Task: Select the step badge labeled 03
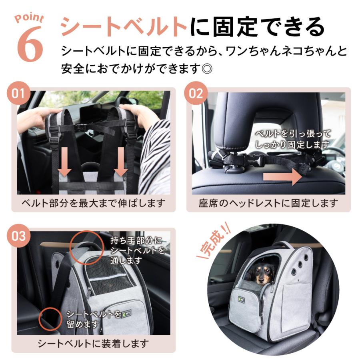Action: (18, 236)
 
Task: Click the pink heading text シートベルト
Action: (124, 27)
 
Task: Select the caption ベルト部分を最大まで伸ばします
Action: (93, 203)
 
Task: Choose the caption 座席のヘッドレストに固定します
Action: (268, 203)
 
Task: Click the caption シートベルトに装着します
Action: (93, 343)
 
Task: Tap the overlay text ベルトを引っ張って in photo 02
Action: (293, 134)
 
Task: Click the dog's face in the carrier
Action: (258, 272)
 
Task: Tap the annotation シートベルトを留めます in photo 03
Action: (87, 318)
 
